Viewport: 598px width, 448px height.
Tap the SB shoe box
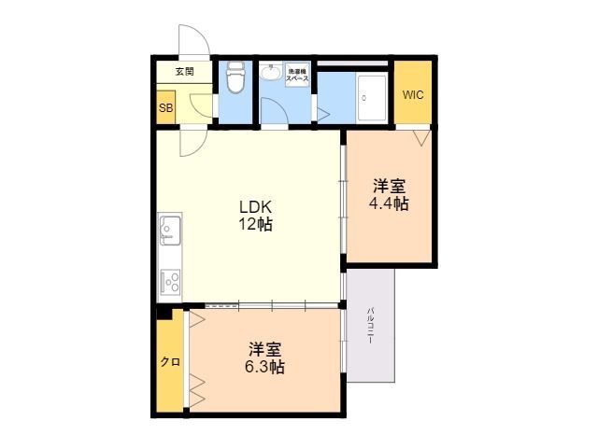[x=165, y=107]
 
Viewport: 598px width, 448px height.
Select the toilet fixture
[x=235, y=80]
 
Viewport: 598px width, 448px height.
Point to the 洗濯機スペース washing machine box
[x=298, y=75]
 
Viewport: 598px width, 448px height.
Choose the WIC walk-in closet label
[x=413, y=94]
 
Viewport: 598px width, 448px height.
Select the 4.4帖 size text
[x=389, y=203]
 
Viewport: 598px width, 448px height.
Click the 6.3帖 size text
[x=266, y=368]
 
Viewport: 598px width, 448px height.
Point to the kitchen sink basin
[x=170, y=227]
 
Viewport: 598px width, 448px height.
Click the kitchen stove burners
[x=171, y=280]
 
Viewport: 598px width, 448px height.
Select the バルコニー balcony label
[x=371, y=326]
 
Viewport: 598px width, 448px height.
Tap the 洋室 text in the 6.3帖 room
[x=266, y=349]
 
